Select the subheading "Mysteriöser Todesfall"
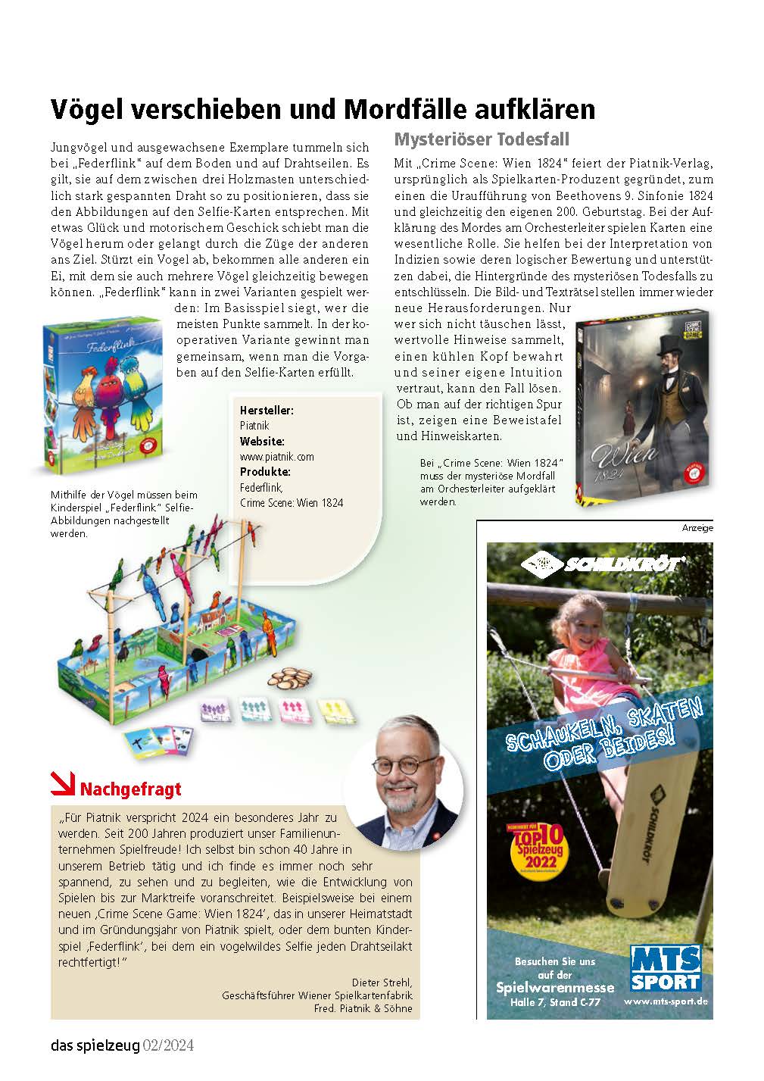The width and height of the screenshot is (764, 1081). tap(482, 139)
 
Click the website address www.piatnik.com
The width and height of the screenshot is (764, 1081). tap(276, 457)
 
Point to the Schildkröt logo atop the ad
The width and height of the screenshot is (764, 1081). tap(603, 564)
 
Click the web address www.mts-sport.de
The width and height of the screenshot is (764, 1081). tap(666, 1001)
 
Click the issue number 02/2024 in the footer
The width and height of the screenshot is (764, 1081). tap(169, 1046)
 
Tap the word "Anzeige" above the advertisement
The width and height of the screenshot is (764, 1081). tap(697, 528)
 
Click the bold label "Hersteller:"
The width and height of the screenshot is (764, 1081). tap(267, 410)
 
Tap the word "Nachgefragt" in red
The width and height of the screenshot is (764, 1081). tap(130, 789)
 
